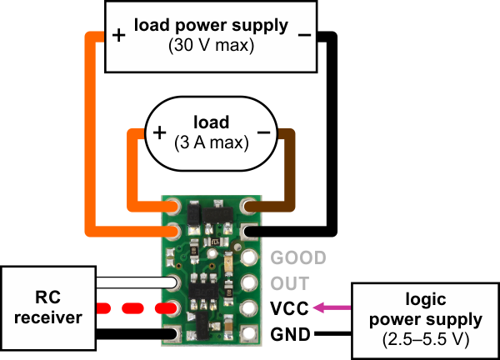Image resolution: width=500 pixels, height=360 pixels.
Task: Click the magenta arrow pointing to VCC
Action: (x=332, y=307)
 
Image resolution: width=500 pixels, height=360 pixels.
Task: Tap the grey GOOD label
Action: (x=298, y=257)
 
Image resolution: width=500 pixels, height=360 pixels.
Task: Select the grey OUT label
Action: (x=290, y=283)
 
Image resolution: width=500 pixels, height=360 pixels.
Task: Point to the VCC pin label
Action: (x=289, y=308)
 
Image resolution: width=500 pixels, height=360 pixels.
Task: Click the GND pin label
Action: (x=290, y=334)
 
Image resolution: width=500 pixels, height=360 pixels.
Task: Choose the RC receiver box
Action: (x=48, y=308)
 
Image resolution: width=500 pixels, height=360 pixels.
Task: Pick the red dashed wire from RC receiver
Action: (x=137, y=308)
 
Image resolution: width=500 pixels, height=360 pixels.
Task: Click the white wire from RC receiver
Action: (x=137, y=282)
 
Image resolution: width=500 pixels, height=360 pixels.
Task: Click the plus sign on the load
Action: (x=159, y=132)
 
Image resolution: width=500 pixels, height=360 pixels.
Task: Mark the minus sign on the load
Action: (x=263, y=132)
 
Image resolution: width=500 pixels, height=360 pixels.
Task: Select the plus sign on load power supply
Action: (x=119, y=35)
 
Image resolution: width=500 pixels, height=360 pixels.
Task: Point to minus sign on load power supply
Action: (x=304, y=35)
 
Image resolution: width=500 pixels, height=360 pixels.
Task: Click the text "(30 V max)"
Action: (x=211, y=45)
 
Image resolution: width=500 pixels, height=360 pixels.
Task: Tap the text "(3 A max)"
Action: (x=212, y=142)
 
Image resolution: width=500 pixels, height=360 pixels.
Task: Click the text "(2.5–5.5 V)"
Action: (x=426, y=339)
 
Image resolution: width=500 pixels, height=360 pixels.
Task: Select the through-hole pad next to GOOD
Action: (x=249, y=257)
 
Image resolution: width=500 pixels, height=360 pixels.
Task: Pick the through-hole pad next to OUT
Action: (x=249, y=282)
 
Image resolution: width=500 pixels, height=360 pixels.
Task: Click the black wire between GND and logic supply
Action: (x=332, y=334)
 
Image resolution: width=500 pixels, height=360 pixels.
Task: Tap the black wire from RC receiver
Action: (x=137, y=334)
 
